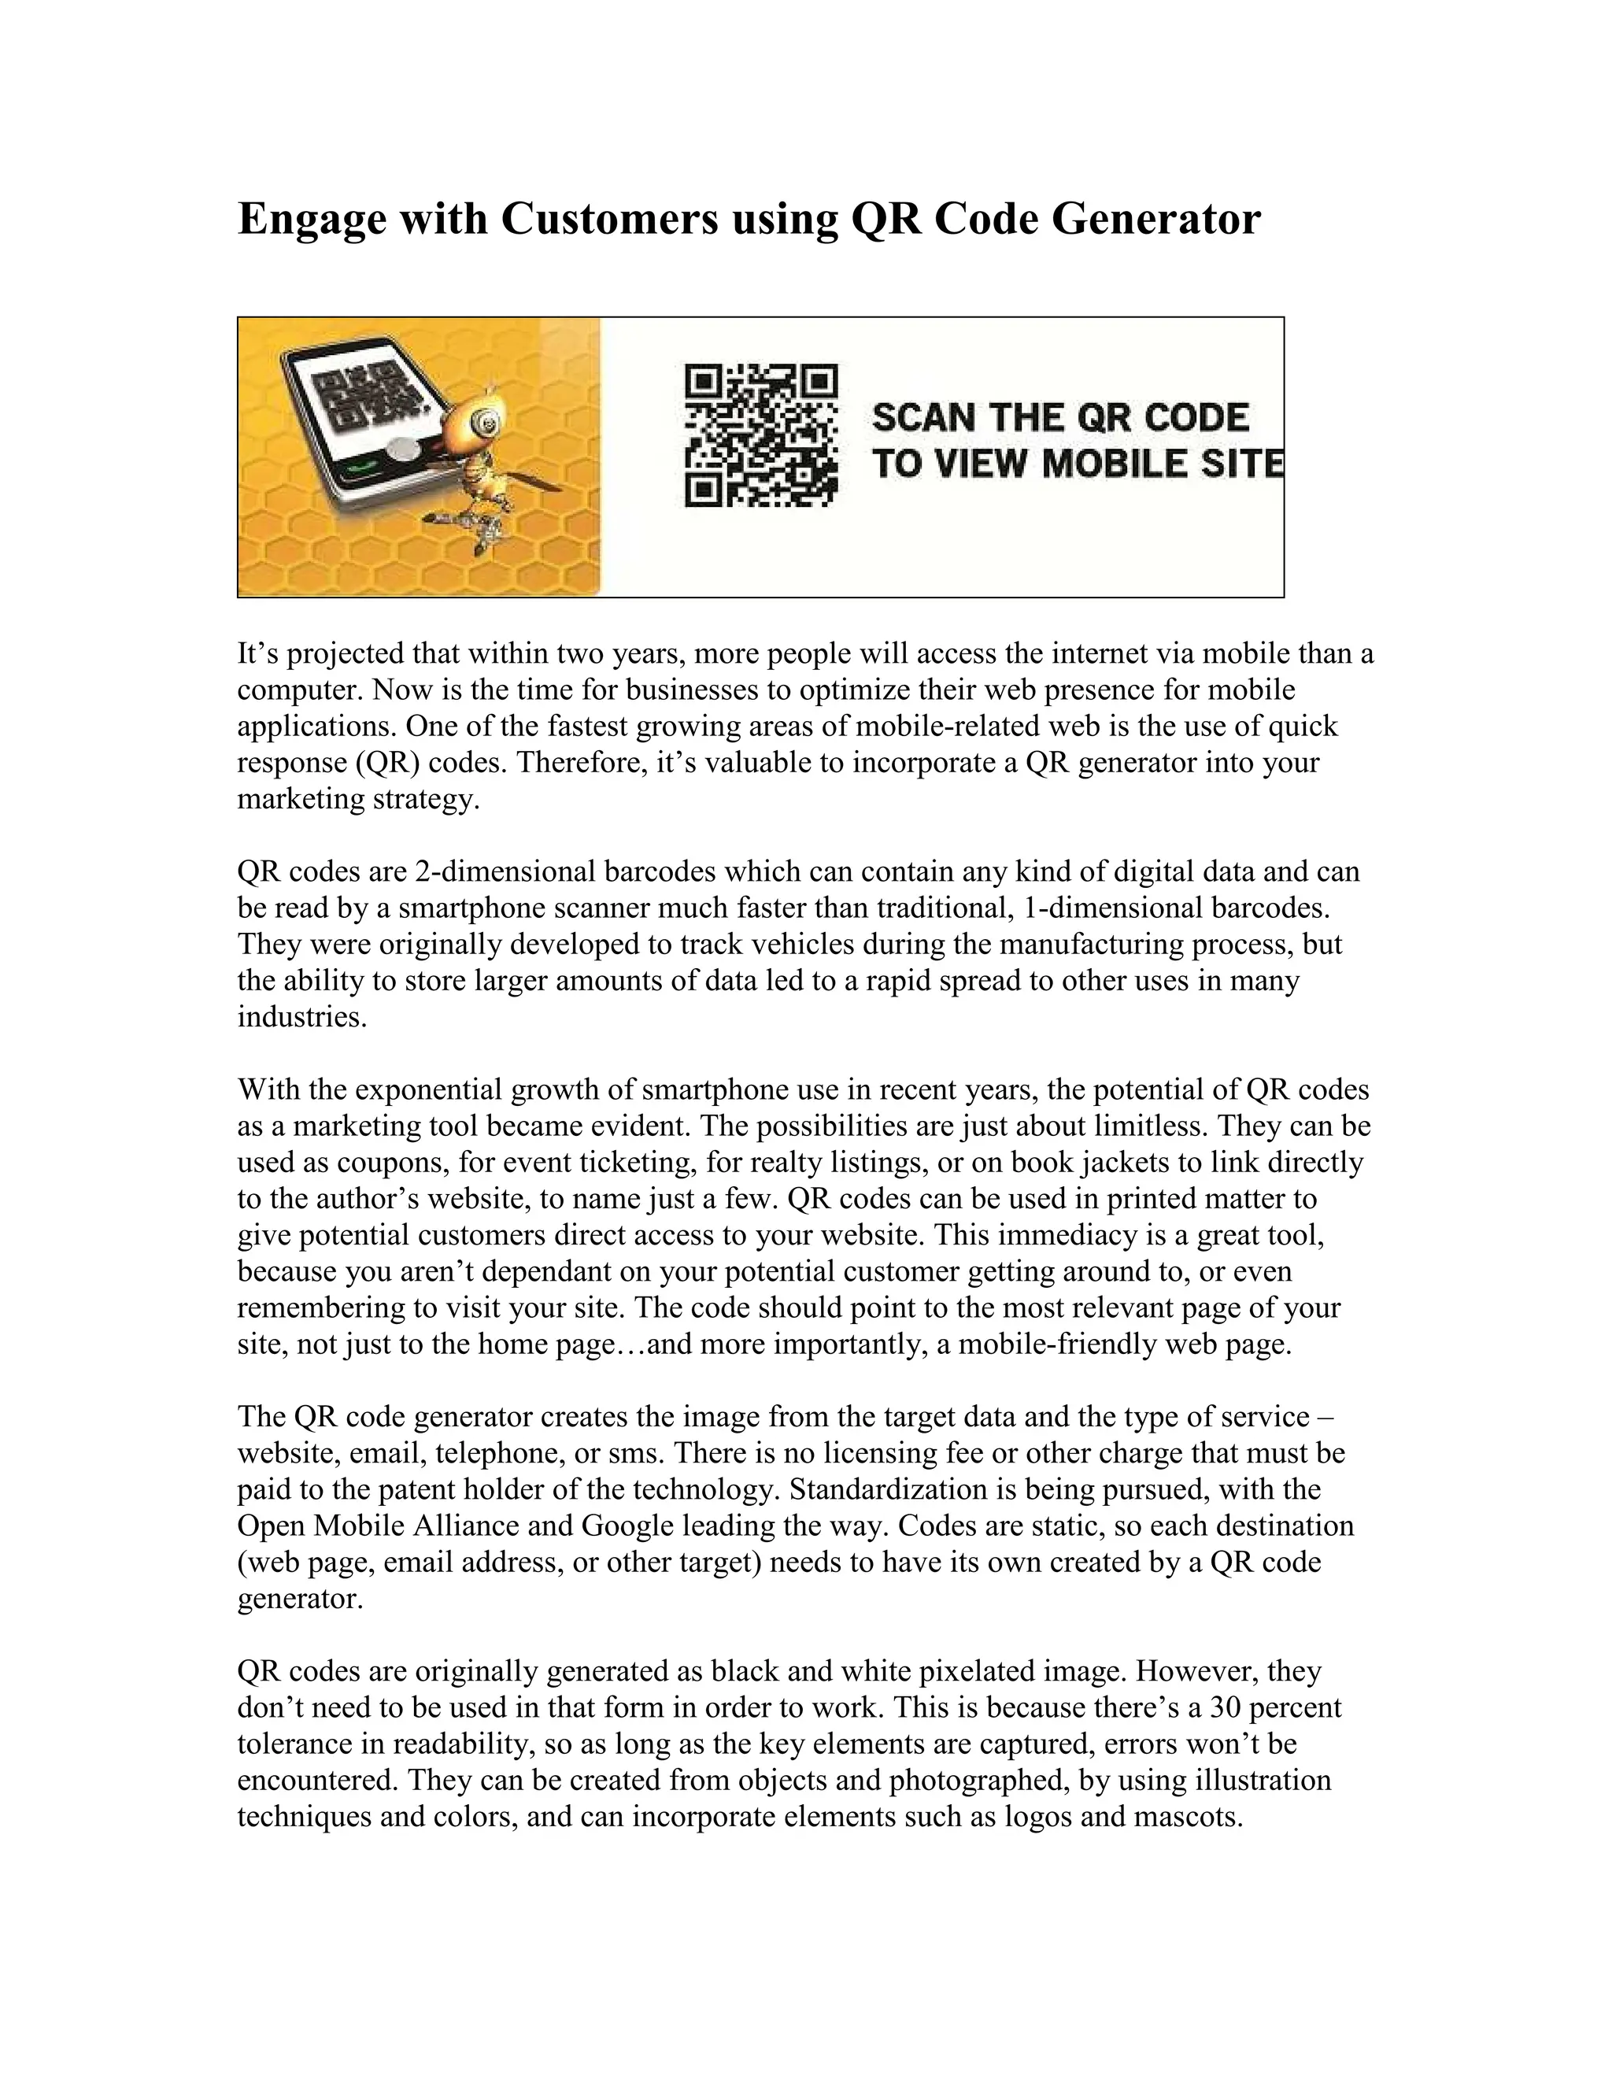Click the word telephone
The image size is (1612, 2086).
tap(497, 1453)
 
